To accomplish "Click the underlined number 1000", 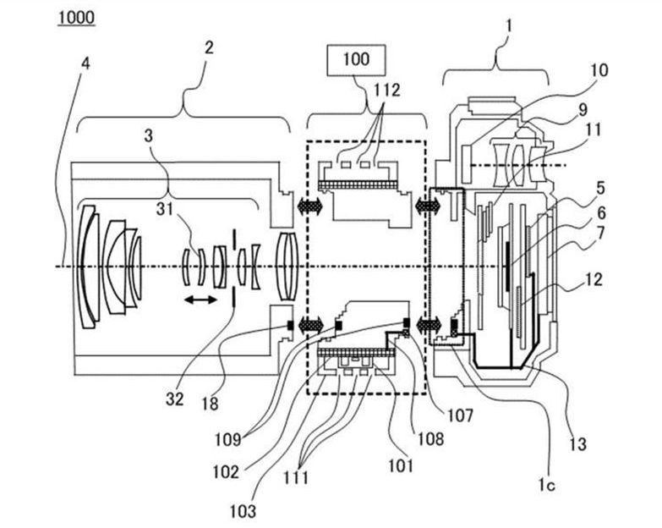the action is click(x=76, y=18).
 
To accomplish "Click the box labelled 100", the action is click(x=356, y=60).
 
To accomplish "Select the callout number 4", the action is click(x=85, y=64).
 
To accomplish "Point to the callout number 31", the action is click(x=164, y=209).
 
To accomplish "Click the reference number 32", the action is click(x=175, y=399).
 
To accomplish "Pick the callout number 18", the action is click(x=211, y=404).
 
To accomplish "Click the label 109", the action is click(x=227, y=440).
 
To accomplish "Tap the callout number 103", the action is click(x=243, y=512).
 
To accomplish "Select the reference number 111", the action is click(x=296, y=478).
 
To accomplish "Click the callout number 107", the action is click(x=460, y=415).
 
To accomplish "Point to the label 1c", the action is click(x=546, y=486).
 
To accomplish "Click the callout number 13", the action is click(x=577, y=444).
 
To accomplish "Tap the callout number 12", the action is click(x=594, y=279).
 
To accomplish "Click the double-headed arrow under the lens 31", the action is click(x=200, y=300).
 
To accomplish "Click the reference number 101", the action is click(x=401, y=465).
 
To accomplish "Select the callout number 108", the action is click(x=430, y=439).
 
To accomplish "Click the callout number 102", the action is click(x=226, y=472).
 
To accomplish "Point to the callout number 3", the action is click(x=149, y=136).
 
